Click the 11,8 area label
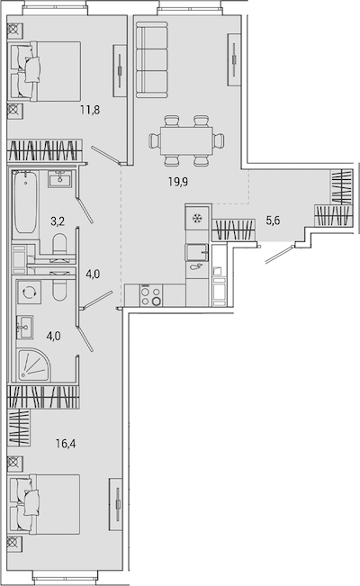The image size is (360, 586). [x=90, y=110]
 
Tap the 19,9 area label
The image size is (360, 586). [x=178, y=182]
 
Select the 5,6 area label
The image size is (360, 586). [x=273, y=221]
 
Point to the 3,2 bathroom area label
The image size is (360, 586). [x=58, y=221]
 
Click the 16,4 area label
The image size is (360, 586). [x=66, y=444]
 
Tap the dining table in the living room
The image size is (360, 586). [x=186, y=140]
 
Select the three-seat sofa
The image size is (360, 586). [x=151, y=59]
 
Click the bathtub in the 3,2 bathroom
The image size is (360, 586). [x=26, y=202]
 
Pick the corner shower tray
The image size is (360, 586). [x=33, y=365]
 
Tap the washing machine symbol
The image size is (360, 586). [x=28, y=292]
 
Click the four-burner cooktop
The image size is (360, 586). [x=151, y=295]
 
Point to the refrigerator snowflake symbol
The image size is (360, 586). [x=196, y=219]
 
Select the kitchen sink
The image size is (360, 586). [x=197, y=252]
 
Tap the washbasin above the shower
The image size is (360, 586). [x=25, y=327]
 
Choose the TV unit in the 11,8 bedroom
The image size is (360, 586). [x=120, y=71]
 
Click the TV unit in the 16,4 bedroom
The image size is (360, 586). [x=116, y=504]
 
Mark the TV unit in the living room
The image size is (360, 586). [x=234, y=59]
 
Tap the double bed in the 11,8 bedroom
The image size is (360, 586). [x=46, y=71]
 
